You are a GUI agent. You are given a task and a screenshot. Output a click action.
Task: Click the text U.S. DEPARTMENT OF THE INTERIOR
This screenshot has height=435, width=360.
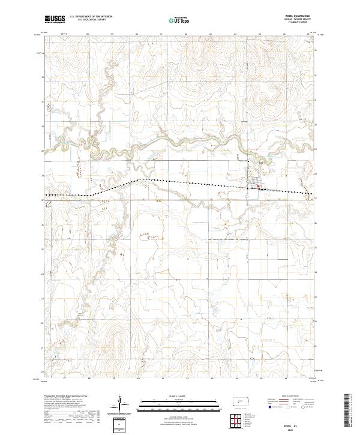[90, 17]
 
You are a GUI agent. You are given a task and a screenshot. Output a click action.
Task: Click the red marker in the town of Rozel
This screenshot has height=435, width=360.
[258, 187]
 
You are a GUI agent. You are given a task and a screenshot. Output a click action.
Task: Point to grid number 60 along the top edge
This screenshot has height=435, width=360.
[138, 34]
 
